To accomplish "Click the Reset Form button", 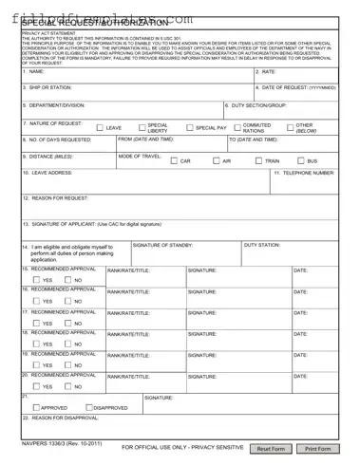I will coord(272,448).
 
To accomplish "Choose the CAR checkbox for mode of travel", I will coord(174,161).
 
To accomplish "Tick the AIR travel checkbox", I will coord(216,161).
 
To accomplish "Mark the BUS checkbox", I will coord(299,161).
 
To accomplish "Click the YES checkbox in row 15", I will coord(36,281).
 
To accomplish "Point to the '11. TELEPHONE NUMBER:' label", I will coord(304,174).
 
